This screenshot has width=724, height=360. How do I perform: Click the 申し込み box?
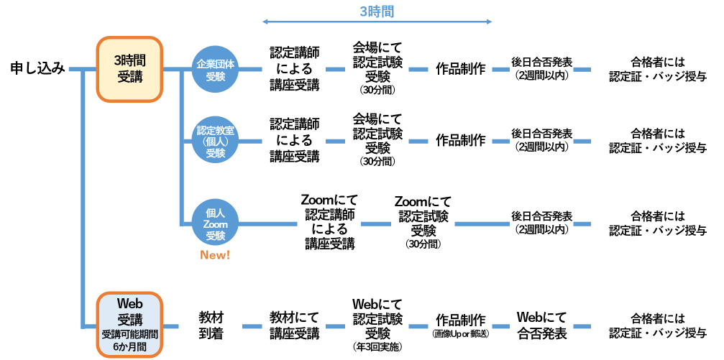pos(37,69)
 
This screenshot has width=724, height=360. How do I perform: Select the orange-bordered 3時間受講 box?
pos(130,69)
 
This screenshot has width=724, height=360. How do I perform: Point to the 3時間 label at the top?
pos(377,11)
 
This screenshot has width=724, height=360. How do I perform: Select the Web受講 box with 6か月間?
pos(130,324)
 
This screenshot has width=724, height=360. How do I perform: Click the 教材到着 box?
pos(209,325)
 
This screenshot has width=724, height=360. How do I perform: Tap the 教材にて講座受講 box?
pos(294,325)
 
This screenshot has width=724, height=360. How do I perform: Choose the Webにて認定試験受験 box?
pos(377,325)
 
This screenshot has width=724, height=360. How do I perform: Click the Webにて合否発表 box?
pos(541,325)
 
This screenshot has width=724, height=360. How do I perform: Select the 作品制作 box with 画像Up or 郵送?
pos(460,325)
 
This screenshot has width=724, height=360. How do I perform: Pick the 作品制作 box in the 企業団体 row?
pos(460,69)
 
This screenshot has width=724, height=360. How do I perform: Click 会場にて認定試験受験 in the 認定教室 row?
pos(377,140)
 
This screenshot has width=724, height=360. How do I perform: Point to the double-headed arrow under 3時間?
pos(377,22)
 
